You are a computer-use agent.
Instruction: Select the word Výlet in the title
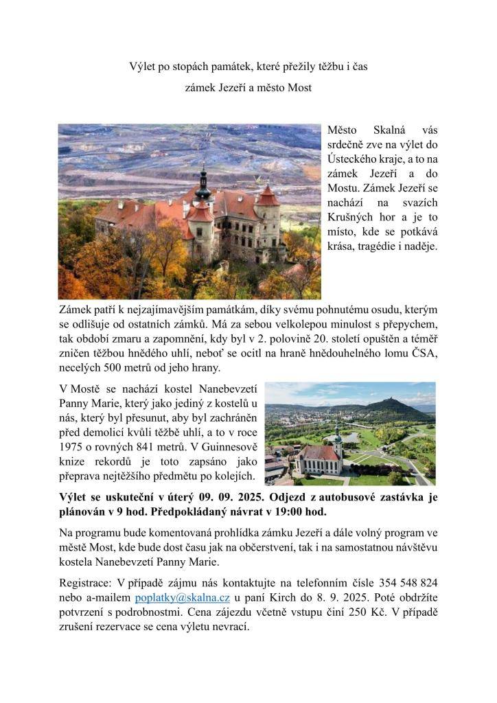143,67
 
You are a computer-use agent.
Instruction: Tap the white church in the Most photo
322,457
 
